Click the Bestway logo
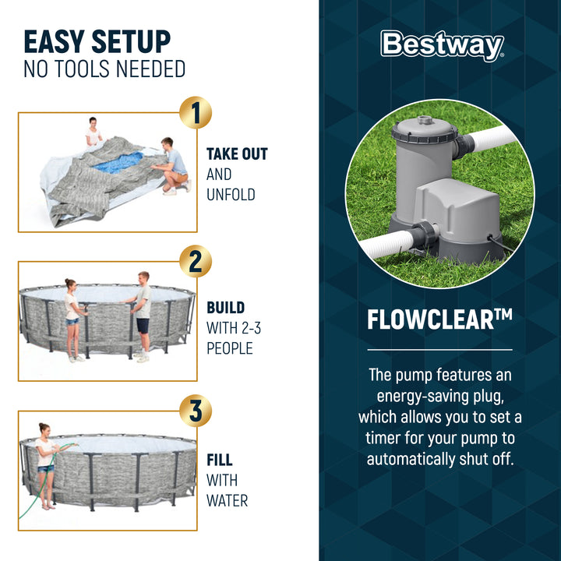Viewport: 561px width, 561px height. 442,46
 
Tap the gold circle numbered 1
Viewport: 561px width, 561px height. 195,113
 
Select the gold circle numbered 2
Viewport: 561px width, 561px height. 195,261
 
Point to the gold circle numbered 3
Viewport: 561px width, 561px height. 195,411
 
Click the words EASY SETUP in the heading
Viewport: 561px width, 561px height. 97,41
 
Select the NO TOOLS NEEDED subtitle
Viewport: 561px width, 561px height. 104,69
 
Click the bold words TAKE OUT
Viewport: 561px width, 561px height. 237,154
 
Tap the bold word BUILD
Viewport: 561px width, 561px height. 225,308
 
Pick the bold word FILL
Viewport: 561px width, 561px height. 220,460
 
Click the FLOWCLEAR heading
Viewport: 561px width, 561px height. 439,319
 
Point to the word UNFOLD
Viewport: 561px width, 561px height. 231,195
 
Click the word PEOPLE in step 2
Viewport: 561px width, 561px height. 231,348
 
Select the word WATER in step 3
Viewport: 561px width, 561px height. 228,499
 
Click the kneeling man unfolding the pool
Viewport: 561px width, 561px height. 172,164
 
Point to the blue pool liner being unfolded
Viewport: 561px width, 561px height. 118,163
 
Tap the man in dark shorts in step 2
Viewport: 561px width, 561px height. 142,315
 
